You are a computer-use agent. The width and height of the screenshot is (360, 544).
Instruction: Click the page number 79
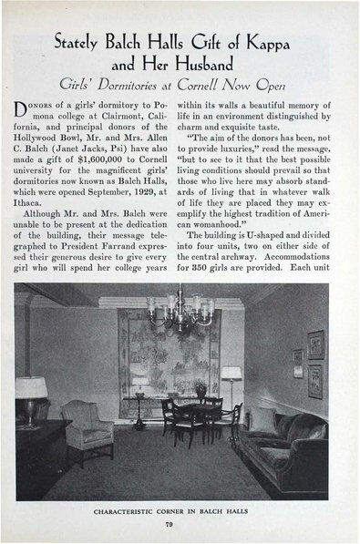click(x=181, y=523)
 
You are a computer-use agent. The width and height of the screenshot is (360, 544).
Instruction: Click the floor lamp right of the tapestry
click(x=231, y=387)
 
